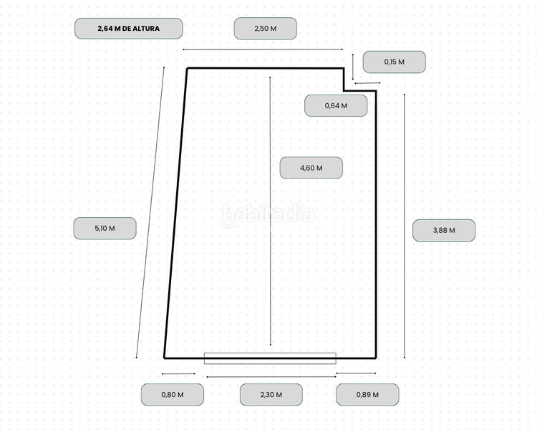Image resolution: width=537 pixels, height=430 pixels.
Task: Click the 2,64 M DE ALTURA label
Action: click(x=129, y=29)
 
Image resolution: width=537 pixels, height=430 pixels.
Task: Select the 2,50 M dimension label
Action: click(x=265, y=29)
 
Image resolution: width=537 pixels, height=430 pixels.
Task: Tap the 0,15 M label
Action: click(x=394, y=62)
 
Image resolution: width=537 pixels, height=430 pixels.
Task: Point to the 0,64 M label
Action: click(x=336, y=105)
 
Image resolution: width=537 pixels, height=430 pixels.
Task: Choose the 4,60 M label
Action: click(x=311, y=168)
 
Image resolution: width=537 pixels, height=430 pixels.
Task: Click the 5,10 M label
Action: click(x=105, y=229)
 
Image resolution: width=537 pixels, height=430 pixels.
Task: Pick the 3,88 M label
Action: click(x=444, y=230)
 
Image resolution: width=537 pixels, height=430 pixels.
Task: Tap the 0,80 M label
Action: click(x=172, y=394)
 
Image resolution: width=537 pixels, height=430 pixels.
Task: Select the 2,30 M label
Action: click(x=271, y=394)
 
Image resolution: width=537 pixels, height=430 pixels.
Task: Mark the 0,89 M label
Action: click(x=367, y=394)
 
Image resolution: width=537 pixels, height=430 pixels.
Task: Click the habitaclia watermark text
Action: click(x=268, y=214)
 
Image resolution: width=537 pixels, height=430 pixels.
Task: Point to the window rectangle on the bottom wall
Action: click(x=270, y=358)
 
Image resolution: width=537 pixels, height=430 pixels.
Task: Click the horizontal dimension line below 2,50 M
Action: click(x=263, y=49)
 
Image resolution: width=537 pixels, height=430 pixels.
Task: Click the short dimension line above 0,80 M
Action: click(x=178, y=373)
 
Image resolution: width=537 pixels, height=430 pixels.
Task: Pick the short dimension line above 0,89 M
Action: click(x=356, y=373)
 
